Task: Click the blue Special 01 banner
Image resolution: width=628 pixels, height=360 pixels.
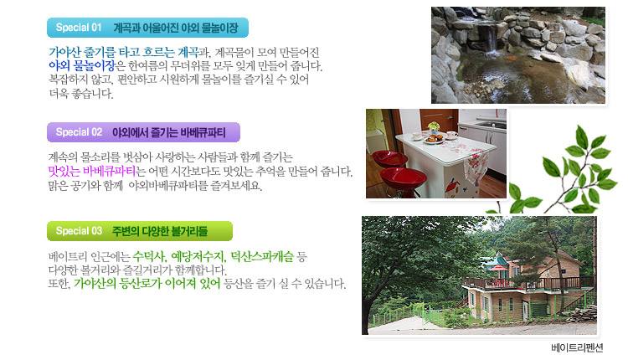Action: click(147, 28)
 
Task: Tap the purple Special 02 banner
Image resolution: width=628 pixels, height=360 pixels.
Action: click(143, 132)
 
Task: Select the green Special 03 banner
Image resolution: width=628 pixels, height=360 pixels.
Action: click(139, 231)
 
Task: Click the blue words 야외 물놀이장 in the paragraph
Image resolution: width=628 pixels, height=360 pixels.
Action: click(81, 65)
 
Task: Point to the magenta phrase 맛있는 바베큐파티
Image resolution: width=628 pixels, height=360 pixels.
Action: click(92, 172)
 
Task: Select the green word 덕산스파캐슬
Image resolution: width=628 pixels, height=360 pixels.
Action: click(262, 256)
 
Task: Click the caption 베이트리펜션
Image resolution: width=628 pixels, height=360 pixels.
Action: click(577, 347)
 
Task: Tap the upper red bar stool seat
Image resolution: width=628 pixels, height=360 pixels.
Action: click(389, 158)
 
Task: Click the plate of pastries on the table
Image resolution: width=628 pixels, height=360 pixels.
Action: click(434, 139)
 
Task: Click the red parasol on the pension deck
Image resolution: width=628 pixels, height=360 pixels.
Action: click(499, 268)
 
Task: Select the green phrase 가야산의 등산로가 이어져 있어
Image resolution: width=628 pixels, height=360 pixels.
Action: click(147, 284)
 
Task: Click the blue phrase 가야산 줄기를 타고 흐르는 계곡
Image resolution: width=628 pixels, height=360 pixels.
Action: click(123, 52)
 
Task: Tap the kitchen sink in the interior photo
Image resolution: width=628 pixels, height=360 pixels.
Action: click(491, 125)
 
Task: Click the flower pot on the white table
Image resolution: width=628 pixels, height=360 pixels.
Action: click(434, 128)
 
